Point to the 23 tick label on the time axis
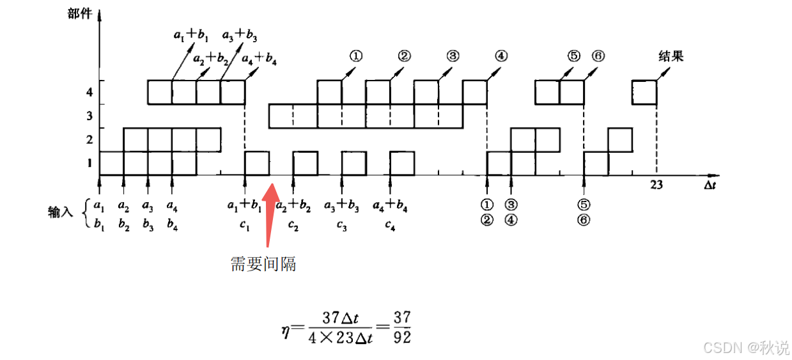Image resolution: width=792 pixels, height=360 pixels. click(x=656, y=185)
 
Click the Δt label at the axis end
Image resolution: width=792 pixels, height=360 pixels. click(x=710, y=185)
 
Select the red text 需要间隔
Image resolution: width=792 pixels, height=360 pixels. click(x=263, y=263)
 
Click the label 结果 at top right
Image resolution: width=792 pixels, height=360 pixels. click(x=671, y=56)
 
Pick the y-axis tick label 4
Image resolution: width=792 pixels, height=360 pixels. click(x=89, y=92)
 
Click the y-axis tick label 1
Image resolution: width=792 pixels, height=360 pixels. click(x=89, y=162)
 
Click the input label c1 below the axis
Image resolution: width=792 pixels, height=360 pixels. click(x=245, y=224)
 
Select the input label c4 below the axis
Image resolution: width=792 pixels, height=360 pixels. click(x=391, y=224)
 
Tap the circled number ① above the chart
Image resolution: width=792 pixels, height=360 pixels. click(x=356, y=56)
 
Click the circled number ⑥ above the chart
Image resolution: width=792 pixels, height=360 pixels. click(x=598, y=56)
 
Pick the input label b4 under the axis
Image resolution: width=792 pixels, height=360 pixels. click(x=172, y=224)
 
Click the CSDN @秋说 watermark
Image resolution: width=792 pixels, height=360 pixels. click(x=745, y=347)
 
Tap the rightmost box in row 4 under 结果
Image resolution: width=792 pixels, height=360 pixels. click(x=644, y=92)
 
